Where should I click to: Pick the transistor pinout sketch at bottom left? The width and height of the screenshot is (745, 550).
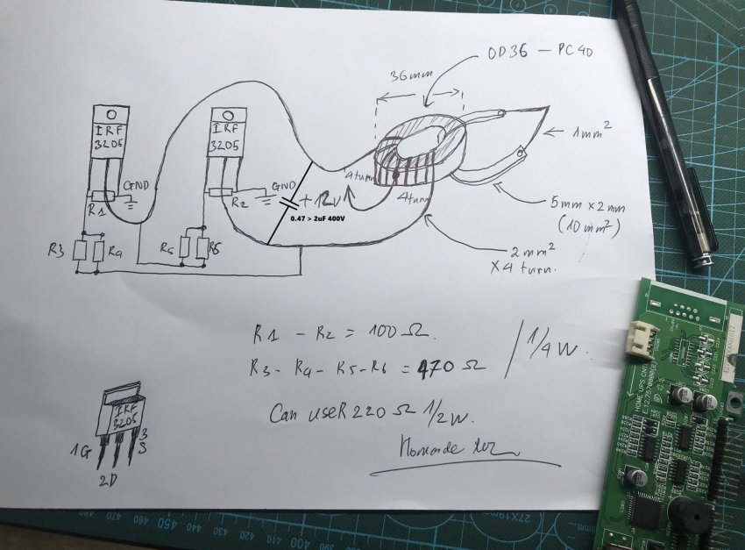tap(122, 421)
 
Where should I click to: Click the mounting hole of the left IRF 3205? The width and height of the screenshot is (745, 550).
tap(110, 115)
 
